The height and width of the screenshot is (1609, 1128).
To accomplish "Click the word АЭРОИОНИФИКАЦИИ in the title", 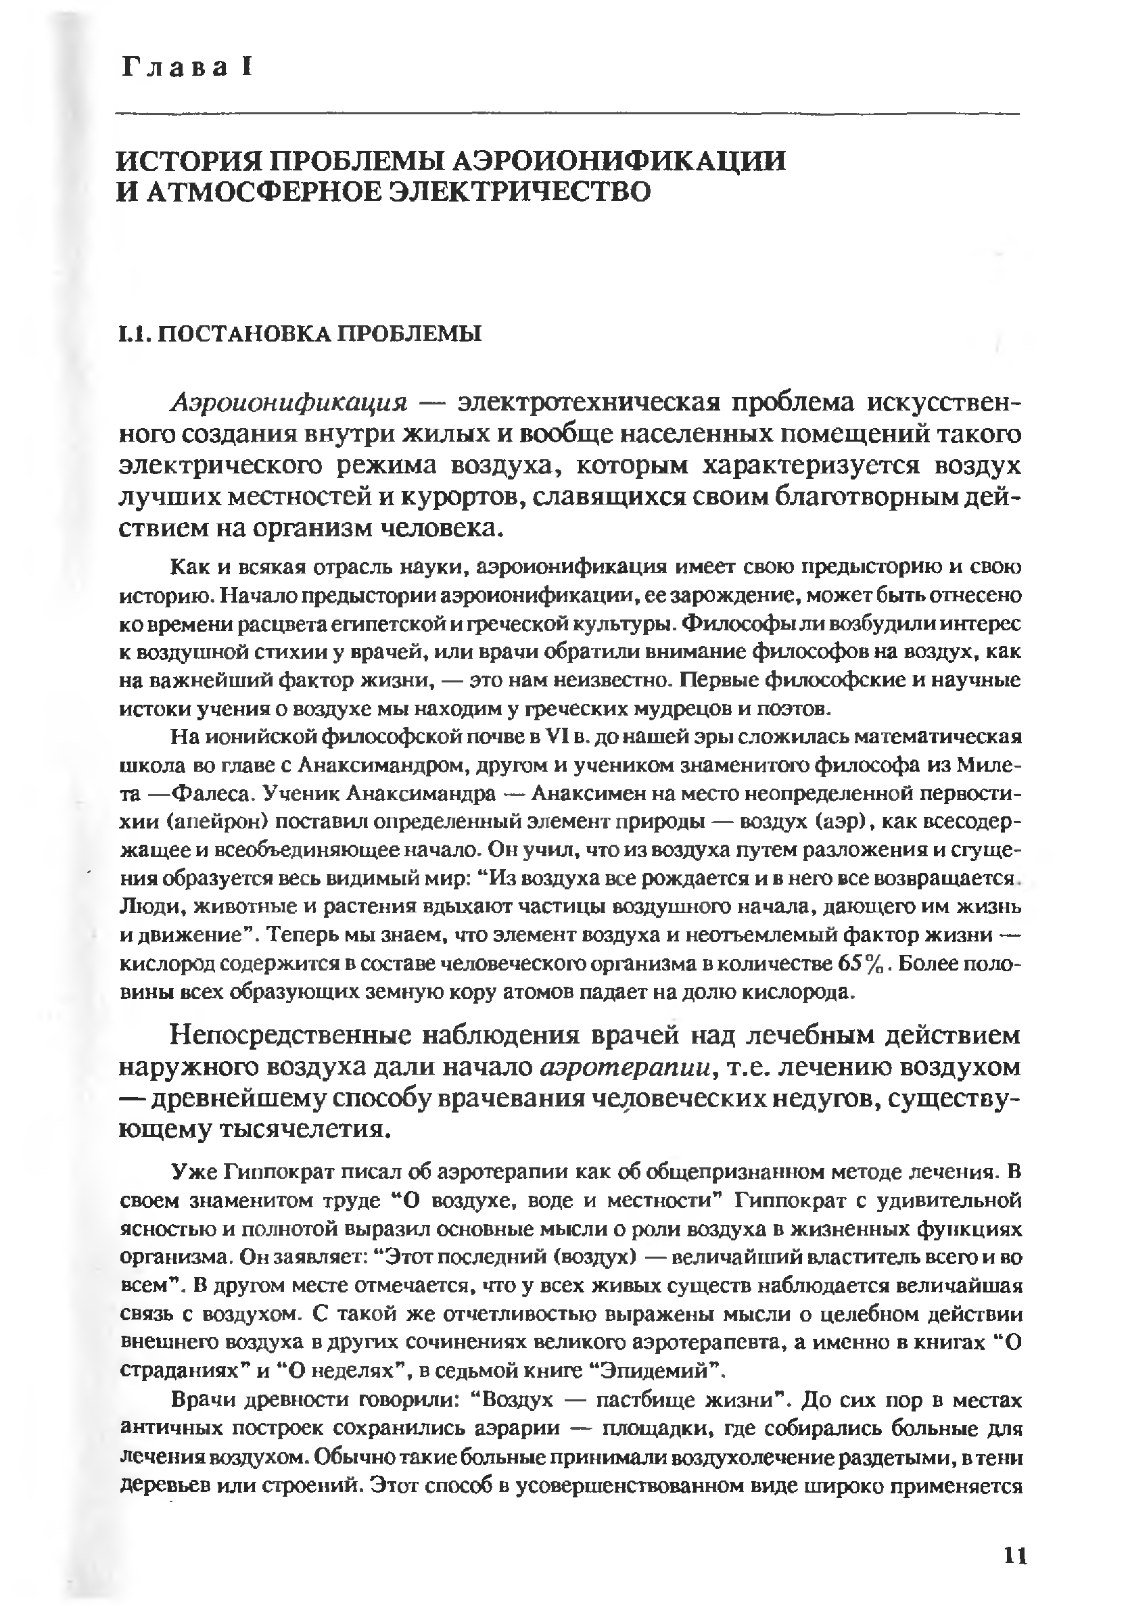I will pyautogui.click(x=621, y=160).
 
